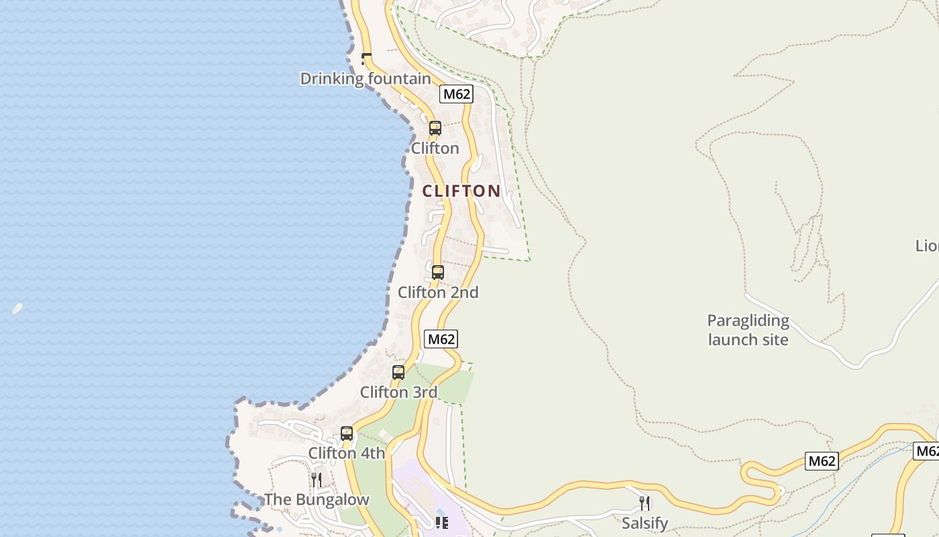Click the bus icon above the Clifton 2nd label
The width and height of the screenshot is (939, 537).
point(438,272)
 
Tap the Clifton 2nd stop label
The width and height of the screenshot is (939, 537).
point(438,293)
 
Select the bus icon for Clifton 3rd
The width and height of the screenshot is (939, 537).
point(398,372)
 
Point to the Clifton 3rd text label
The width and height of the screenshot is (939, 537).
point(398,392)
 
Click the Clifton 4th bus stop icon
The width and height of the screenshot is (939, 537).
point(347,433)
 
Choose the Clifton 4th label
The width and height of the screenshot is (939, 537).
point(347,453)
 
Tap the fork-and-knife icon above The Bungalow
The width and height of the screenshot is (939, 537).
point(316,479)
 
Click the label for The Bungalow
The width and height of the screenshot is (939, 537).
point(317,499)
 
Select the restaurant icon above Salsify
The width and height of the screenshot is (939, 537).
point(645,503)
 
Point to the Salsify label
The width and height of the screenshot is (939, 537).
point(645,523)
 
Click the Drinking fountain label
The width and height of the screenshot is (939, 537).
point(366,79)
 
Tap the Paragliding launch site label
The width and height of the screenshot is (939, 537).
point(748,330)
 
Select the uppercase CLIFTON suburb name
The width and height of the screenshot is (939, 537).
point(461,191)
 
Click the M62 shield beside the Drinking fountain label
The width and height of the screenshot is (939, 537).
point(456,94)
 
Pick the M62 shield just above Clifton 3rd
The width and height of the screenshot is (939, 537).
point(441,339)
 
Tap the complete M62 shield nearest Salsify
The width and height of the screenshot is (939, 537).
point(822,461)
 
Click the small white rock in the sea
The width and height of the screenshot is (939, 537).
point(17,309)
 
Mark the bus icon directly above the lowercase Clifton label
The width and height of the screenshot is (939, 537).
point(435,128)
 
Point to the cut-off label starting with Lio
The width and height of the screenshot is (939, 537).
point(928,246)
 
